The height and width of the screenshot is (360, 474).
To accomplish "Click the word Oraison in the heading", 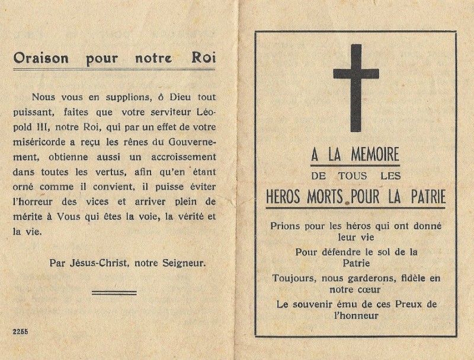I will (41, 58).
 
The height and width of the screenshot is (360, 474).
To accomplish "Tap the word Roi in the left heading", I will (203, 58).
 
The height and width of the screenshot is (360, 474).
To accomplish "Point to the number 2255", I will (20, 332).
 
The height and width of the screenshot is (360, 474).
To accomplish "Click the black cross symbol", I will (355, 86).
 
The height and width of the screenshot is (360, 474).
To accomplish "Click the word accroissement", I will (185, 157).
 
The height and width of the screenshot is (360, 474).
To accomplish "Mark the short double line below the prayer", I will (114, 292).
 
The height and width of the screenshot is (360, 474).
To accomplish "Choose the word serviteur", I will (170, 113).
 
